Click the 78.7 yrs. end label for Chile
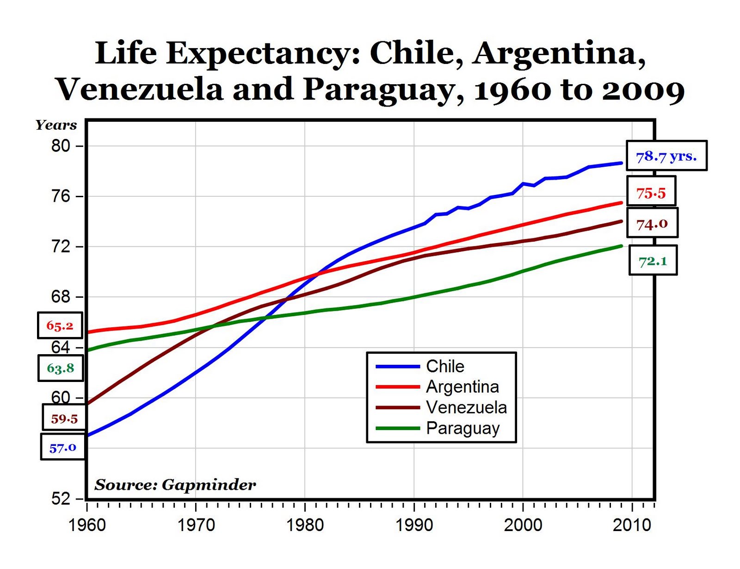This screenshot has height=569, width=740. click(x=666, y=156)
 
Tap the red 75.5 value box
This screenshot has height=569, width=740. click(x=651, y=192)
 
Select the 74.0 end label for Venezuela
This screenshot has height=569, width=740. click(x=652, y=223)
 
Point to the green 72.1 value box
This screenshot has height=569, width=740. click(x=653, y=261)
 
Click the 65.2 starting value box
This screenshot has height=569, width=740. click(x=60, y=325)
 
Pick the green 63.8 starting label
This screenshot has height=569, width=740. click(x=60, y=368)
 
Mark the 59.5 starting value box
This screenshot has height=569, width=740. click(x=64, y=419)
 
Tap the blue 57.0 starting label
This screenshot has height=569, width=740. click(x=62, y=447)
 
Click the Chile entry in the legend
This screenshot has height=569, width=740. click(x=445, y=366)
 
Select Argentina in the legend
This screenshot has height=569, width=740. click(x=462, y=387)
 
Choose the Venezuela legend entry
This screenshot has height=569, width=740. click(x=466, y=407)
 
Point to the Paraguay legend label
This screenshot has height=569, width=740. click(x=462, y=428)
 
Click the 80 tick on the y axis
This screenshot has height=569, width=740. click(x=61, y=146)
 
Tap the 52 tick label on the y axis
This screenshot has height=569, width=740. click(x=61, y=499)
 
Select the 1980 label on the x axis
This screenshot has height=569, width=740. click(x=305, y=525)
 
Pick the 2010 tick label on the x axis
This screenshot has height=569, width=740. click(x=632, y=525)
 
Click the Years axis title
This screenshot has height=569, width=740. click(x=56, y=125)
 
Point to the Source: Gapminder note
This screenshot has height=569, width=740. click(x=175, y=485)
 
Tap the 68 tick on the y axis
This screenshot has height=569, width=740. click(x=61, y=297)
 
